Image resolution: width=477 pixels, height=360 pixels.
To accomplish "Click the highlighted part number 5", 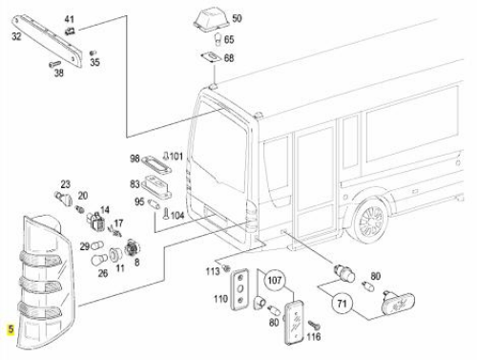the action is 11,329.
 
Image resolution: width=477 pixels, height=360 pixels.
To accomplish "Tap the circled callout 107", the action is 275,280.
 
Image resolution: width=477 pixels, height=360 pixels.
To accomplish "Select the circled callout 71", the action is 342,303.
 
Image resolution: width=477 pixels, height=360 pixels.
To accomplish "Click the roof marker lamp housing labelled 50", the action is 211,22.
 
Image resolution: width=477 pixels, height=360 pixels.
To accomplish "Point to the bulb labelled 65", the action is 218,39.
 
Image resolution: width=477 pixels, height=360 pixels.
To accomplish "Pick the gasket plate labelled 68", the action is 211,57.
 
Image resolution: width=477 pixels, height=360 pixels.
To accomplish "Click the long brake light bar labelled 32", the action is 47,40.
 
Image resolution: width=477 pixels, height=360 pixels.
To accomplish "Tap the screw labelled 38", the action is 54,64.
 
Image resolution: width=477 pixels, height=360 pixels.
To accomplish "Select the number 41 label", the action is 70,19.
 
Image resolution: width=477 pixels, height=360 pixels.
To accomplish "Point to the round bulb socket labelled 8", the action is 133,248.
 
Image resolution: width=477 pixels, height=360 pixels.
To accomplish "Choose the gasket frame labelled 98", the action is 156,164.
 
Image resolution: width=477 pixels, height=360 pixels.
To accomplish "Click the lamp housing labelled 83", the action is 156,186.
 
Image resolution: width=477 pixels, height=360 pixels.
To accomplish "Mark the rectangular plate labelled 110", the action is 239,289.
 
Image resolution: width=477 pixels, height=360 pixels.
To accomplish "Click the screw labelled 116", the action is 314,326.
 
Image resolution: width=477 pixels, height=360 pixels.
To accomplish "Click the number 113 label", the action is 213,271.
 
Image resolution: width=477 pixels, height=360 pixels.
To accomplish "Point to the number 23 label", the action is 66,184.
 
